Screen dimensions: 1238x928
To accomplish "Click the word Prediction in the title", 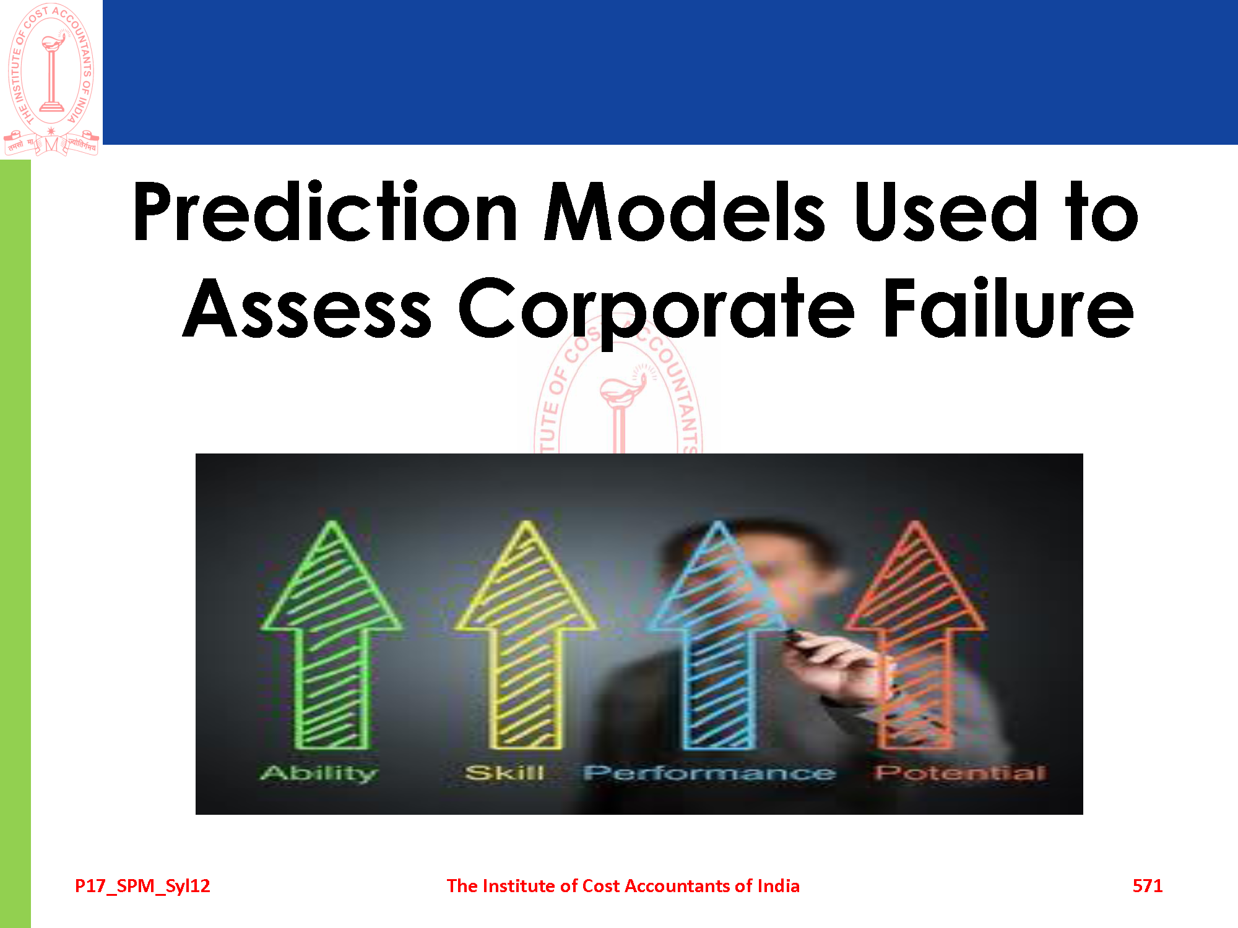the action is pos(326,212).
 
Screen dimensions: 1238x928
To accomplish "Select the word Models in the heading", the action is pos(684,212).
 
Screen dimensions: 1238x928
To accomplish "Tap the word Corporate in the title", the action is pos(656,309).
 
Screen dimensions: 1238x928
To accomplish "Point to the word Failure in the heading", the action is pos(1009,307).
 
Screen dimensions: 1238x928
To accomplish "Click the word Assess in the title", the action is pos(308,308).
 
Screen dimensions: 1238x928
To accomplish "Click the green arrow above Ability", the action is pos(332,634).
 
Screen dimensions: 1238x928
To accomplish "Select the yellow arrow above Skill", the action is pos(526,634).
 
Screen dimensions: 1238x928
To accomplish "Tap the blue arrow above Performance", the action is pos(718,634).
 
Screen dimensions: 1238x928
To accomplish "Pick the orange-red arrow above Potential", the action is pos(914,634).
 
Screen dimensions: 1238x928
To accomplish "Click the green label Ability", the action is pos(319,773).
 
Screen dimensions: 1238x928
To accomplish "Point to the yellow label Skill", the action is pos(504,772).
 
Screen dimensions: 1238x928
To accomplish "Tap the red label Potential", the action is pos(960,772).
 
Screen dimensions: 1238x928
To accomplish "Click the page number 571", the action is pos(1148,886).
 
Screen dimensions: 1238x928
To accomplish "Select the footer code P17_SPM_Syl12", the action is pos(142,887).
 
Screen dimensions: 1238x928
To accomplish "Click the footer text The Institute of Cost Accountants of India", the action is pos(623,886).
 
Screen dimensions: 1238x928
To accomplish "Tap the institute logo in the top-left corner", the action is pos(51,79).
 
